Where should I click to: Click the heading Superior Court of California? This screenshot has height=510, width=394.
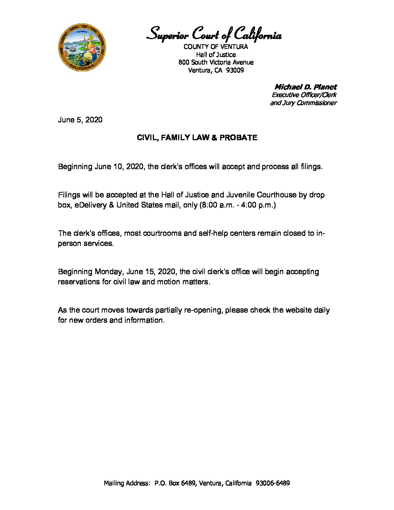click(214, 35)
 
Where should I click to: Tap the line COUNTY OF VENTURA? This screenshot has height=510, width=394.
click(216, 47)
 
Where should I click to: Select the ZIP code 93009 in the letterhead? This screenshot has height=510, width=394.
click(235, 70)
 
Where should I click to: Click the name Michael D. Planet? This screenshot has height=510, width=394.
click(305, 87)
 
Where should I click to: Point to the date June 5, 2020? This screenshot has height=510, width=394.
click(80, 120)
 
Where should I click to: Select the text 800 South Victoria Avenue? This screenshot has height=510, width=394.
click(216, 62)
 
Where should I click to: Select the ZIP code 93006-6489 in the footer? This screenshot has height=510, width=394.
click(272, 483)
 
